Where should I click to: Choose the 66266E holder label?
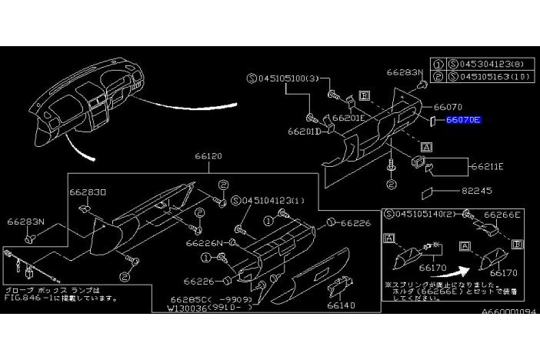click(505, 215)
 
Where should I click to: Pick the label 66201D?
click(304, 132)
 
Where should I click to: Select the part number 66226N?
click(204, 242)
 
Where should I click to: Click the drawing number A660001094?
click(508, 313)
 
